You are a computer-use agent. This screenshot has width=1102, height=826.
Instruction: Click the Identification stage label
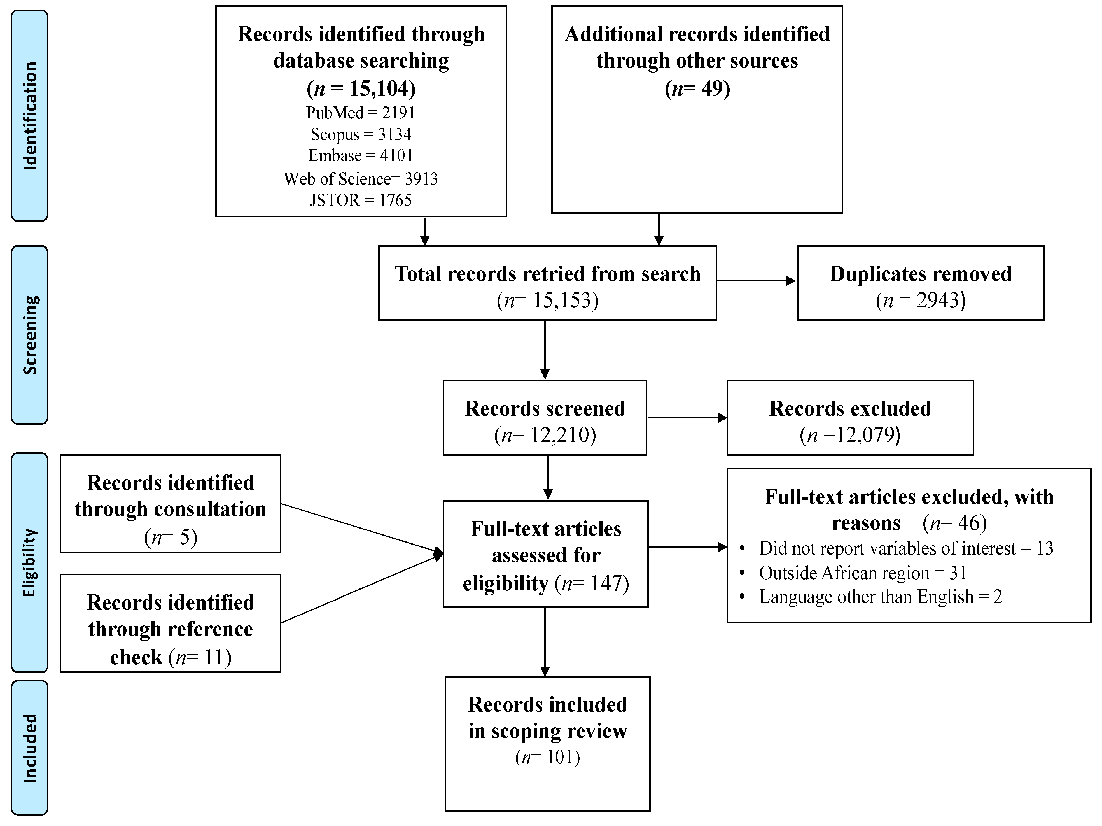[30, 116]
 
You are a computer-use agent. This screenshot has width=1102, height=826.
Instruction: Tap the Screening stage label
[30, 335]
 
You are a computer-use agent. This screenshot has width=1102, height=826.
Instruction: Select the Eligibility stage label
[30, 562]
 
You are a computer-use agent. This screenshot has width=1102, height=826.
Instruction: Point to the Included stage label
[30, 748]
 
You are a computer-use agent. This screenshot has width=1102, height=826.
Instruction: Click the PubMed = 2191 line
[361, 113]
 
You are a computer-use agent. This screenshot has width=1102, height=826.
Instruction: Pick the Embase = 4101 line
[361, 155]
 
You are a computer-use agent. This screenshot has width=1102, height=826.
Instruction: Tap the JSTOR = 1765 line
[361, 200]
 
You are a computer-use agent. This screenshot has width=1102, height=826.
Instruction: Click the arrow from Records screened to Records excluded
[687, 418]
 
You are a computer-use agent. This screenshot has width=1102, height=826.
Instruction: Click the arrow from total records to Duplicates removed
[756, 281]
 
